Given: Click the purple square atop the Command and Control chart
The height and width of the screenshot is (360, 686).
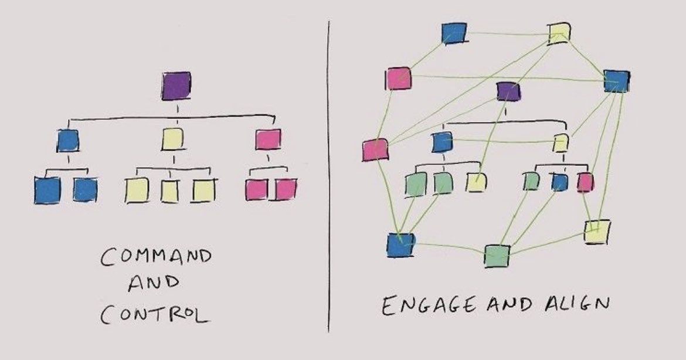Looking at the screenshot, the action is (176, 86).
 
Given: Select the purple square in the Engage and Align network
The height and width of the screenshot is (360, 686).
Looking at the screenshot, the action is (508, 91).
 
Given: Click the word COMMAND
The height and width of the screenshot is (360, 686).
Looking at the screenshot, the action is (155, 259).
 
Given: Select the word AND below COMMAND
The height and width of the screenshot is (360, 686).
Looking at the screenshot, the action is (154, 285).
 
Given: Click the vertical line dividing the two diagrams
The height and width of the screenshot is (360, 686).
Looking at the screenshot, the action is (328, 176).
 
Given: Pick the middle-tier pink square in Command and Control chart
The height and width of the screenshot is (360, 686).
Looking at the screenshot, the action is (268, 139).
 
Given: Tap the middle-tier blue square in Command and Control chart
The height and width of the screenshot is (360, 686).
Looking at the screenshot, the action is (68, 140).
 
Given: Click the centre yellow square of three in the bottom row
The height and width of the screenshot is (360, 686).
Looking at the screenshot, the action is (170, 191).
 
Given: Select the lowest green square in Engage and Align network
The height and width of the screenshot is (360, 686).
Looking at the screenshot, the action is (497, 256).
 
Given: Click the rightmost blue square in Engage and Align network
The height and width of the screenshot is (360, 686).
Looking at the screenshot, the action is (617, 81).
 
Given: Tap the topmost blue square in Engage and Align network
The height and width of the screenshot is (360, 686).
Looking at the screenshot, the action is (454, 33).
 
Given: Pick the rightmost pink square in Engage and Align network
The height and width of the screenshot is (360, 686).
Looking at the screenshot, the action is (585, 183).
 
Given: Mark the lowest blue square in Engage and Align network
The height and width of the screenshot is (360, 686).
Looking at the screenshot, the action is (401, 245).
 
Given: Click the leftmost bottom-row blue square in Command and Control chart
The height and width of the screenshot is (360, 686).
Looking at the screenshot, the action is (47, 191).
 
